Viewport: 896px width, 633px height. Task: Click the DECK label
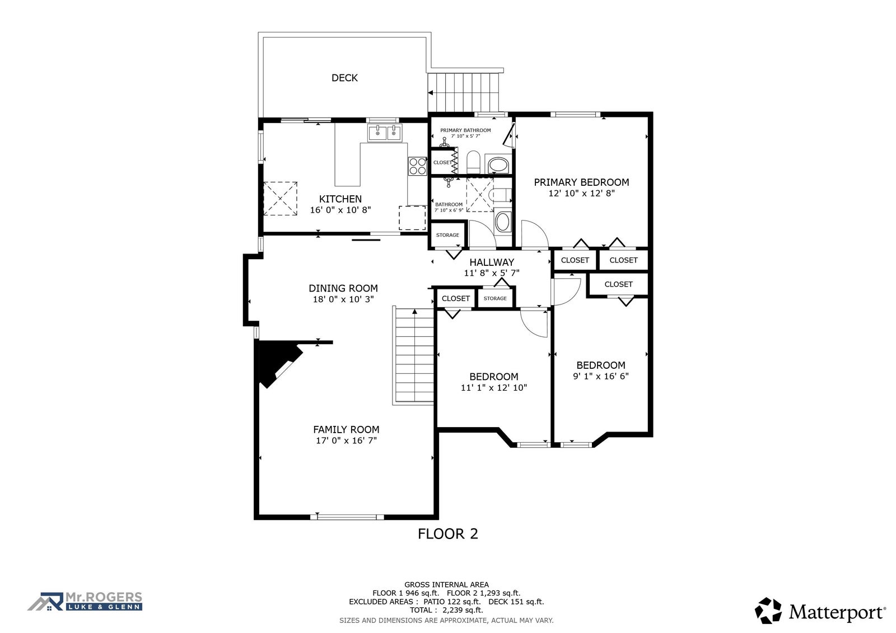pos(344,78)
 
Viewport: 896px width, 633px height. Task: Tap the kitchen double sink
pos(385,132)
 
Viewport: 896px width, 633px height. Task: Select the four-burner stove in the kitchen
pos(417,166)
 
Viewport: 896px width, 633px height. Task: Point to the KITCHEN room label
pos(340,199)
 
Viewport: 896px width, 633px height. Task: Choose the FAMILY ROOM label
pos(346,429)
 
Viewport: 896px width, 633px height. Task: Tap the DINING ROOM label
pos(343,288)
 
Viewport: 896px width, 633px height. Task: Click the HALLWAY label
pos(492,262)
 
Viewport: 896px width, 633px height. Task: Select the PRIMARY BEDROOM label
pos(581,182)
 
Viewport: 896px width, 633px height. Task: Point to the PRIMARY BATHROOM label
pos(465,130)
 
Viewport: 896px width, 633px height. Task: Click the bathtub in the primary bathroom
pos(498,165)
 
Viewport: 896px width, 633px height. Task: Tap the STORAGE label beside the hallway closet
pos(495,298)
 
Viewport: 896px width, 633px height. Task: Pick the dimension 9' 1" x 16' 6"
pos(601,376)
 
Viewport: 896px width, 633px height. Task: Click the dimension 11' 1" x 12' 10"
pos(493,387)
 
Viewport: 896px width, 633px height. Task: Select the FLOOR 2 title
pos(447,534)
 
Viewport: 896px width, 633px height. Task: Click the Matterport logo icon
pos(768,611)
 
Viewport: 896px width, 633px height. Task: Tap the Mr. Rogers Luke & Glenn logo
pos(85,602)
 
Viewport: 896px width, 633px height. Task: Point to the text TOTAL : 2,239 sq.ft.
pos(446,610)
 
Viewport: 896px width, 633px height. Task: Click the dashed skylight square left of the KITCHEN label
pos(280,199)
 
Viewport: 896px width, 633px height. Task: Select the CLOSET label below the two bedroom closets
pos(618,284)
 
